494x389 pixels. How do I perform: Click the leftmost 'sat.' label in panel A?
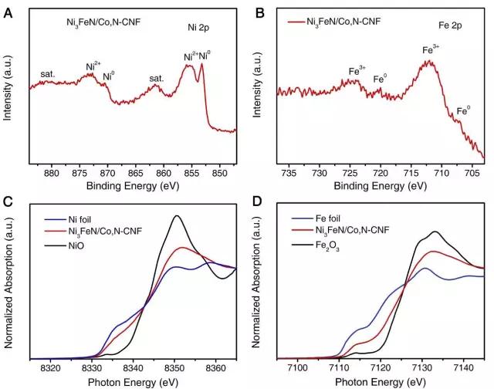tap(48, 75)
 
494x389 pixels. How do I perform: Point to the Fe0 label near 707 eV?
tap(463, 111)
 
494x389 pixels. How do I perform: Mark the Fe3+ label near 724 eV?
tap(357, 71)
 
